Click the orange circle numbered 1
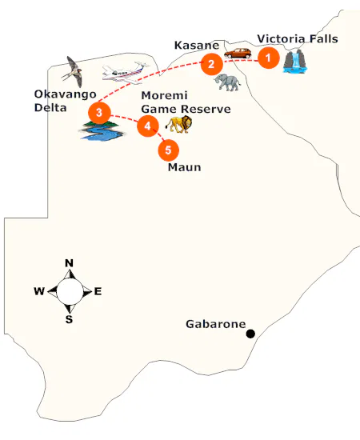(x=268, y=58)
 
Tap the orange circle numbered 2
(x=211, y=63)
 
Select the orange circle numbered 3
(x=98, y=113)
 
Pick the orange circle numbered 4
(x=147, y=125)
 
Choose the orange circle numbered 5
(x=168, y=149)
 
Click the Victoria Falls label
(x=298, y=38)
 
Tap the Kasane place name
(x=195, y=46)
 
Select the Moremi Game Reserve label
(x=186, y=103)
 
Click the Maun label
(x=184, y=168)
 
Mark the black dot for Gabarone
(x=250, y=334)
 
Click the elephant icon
(x=228, y=82)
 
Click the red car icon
(x=238, y=54)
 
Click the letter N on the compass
(x=70, y=263)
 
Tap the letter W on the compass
(x=38, y=291)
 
